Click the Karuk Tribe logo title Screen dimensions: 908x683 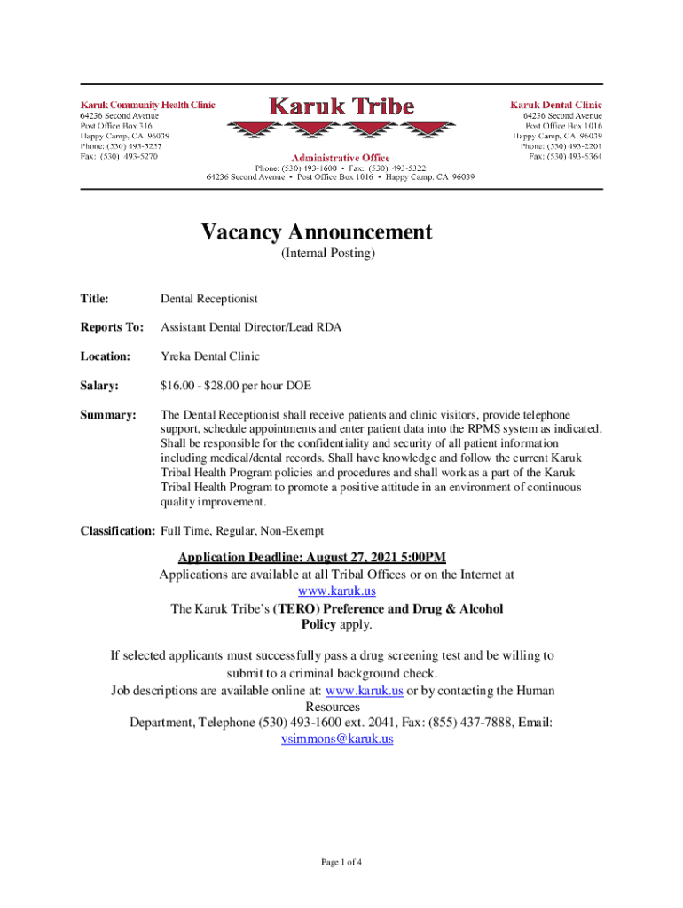tap(341, 107)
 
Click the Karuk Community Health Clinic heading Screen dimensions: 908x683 tap(148, 105)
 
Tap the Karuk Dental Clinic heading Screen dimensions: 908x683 tap(556, 105)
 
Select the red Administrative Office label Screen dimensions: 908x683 tap(341, 158)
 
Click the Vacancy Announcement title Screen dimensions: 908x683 tap(317, 232)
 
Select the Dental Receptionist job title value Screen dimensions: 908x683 tap(209, 300)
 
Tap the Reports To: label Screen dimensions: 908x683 tap(112, 328)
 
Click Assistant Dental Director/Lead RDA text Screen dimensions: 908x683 tap(251, 328)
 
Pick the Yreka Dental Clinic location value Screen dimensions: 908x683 tap(210, 356)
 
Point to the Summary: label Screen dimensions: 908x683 tap(109, 414)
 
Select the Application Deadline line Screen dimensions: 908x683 tap(312, 558)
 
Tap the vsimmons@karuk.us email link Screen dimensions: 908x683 tap(337, 739)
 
